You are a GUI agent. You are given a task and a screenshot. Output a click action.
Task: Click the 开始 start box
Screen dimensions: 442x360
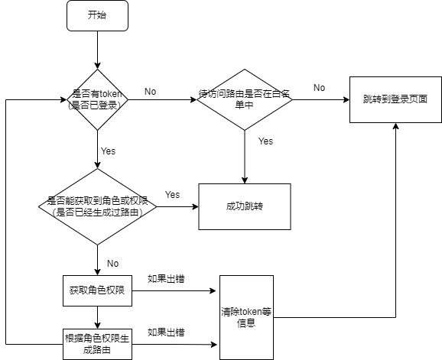[98, 15]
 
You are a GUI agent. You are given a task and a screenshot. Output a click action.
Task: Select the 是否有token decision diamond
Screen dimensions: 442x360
[98, 99]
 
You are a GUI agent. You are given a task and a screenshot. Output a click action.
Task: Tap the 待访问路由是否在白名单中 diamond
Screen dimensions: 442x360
[245, 99]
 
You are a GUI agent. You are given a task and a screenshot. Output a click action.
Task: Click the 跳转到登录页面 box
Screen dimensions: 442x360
[395, 99]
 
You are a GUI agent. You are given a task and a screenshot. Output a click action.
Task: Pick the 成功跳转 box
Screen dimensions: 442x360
[245, 206]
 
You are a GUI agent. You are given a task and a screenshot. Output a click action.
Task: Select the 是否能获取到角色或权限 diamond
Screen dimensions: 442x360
[98, 206]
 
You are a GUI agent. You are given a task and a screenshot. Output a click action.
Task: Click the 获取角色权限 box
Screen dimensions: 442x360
[98, 290]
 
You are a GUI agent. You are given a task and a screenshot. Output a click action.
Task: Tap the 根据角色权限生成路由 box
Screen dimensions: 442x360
[98, 344]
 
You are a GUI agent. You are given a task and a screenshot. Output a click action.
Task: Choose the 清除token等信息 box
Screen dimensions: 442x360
[246, 317]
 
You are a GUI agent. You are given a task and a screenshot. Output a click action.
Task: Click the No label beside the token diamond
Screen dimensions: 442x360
[150, 92]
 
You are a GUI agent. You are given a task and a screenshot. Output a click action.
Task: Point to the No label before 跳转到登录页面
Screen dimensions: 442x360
[320, 88]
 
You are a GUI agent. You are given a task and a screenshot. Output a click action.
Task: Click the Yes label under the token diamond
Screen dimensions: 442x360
[109, 151]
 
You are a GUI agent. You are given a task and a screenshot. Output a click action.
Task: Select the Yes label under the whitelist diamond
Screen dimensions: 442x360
[266, 141]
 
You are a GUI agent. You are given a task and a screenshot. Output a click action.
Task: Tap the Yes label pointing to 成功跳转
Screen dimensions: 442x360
[172, 195]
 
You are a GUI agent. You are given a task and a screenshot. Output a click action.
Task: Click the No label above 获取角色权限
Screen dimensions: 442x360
[112, 264]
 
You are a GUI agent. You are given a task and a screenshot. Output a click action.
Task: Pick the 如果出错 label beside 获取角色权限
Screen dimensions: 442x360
[166, 279]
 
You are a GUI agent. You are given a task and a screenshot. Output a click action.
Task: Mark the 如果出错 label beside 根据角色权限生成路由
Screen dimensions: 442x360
[166, 332]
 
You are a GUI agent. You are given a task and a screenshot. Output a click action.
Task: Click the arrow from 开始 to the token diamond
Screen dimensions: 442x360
[98, 50]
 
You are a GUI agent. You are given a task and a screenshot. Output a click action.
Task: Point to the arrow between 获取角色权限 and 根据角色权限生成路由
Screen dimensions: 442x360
[98, 317]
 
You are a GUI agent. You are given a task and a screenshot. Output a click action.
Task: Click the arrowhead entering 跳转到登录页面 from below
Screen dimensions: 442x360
[396, 126]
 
